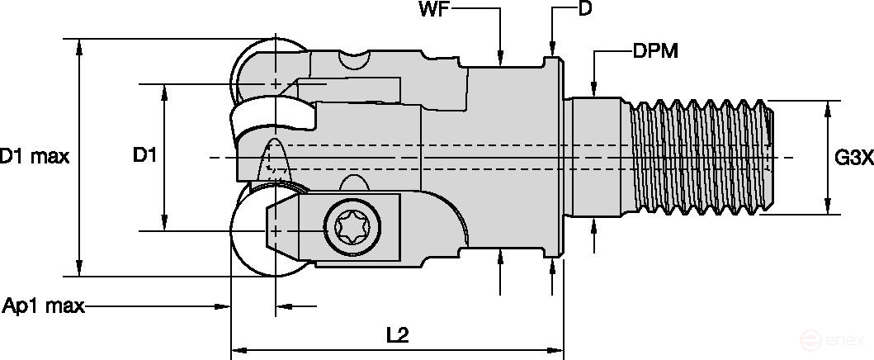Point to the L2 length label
point(398,334)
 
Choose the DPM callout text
point(655,51)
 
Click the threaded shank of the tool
point(702,157)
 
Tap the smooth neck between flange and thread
point(594,157)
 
